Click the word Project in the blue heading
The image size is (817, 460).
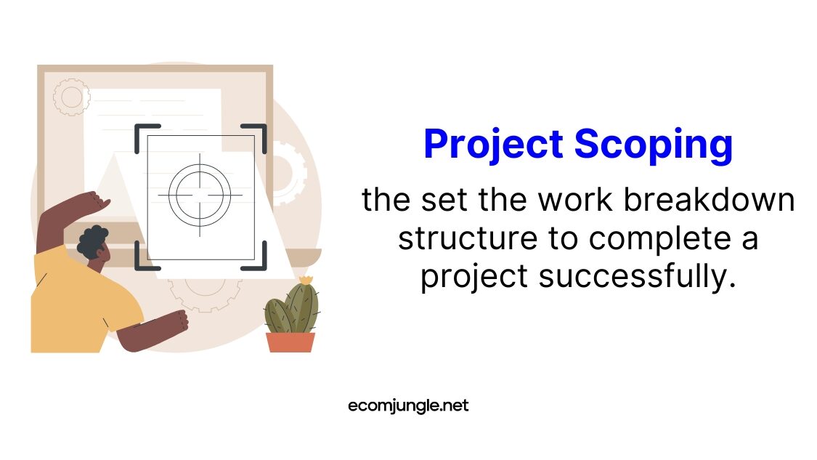493,145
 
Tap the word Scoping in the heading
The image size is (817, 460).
654,145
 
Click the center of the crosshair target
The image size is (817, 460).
200,195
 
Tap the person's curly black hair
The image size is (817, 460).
92,241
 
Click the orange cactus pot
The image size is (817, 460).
290,342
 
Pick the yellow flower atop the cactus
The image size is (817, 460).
306,279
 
